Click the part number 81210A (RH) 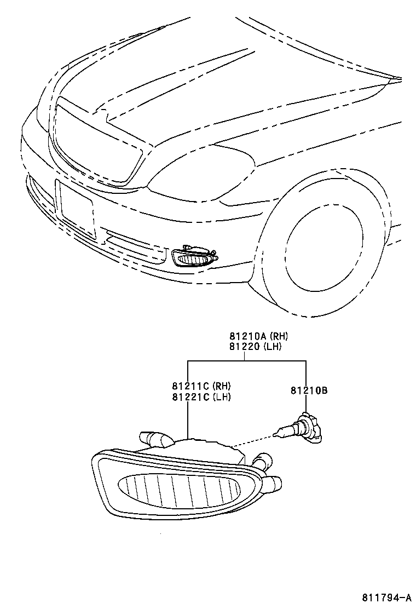pyautogui.click(x=255, y=337)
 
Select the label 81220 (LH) pyautogui.click(x=255, y=346)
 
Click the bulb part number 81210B pyautogui.click(x=309, y=390)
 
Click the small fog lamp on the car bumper pyautogui.click(x=194, y=257)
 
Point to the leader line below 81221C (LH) pyautogui.click(x=188, y=419)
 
